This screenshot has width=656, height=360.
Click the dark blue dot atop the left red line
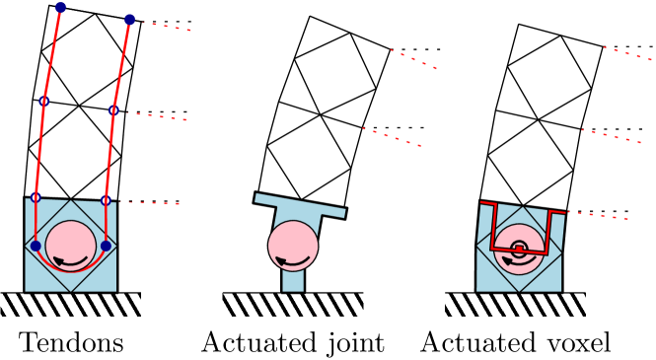click(x=60, y=7)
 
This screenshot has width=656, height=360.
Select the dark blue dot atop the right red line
click(x=129, y=19)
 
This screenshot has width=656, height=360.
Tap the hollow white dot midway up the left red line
click(x=43, y=101)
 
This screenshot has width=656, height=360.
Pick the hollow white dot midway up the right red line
click(x=113, y=110)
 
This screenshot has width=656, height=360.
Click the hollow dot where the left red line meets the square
click(x=36, y=197)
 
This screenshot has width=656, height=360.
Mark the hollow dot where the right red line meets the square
click(x=106, y=200)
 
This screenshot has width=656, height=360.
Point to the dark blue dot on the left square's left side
click(x=36, y=246)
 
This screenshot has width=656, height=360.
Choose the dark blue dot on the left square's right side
click(x=106, y=246)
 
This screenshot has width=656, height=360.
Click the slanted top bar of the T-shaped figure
click(x=300, y=205)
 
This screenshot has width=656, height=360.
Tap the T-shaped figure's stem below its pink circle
click(x=293, y=282)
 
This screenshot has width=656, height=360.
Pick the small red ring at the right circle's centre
click(x=519, y=249)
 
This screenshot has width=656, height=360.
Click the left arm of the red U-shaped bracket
click(x=492, y=226)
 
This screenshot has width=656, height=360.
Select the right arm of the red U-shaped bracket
click(x=548, y=232)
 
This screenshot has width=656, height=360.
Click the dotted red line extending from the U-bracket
click(x=597, y=214)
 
